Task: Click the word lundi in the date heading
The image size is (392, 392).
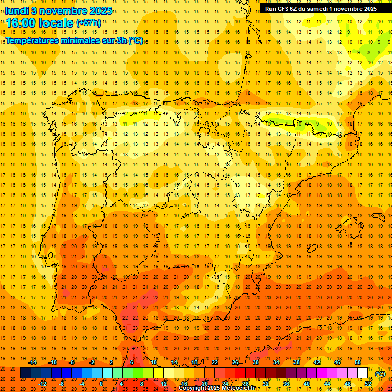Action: (16, 11)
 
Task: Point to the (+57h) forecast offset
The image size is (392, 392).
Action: (88, 23)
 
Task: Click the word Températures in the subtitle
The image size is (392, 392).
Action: (33, 41)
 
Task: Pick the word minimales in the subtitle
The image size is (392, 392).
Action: (86, 41)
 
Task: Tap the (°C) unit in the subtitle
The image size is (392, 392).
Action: (136, 41)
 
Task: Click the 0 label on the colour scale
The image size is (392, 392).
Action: (101, 384)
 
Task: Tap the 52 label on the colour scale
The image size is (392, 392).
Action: (368, 384)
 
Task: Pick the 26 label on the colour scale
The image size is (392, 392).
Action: (235, 362)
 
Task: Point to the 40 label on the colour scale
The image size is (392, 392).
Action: (307, 384)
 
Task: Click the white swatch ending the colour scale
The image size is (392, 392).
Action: (363, 373)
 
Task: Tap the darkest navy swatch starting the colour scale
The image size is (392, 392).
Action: (26, 373)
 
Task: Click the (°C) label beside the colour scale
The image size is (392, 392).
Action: (380, 374)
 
